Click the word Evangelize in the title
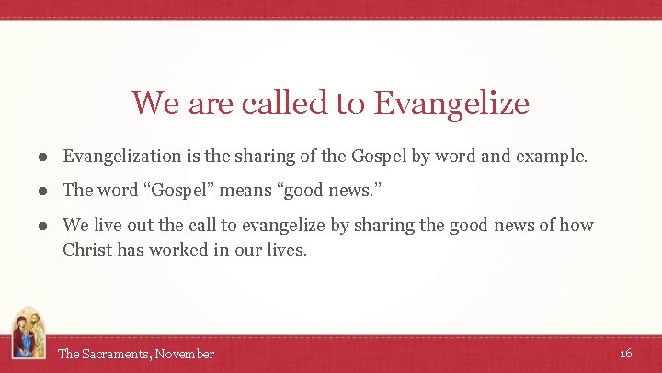[451, 103]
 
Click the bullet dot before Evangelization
[43, 157]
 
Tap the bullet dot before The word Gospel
[43, 192]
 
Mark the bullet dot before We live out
[43, 226]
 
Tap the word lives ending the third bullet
[285, 250]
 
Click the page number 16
[626, 354]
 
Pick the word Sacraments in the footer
[116, 354]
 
